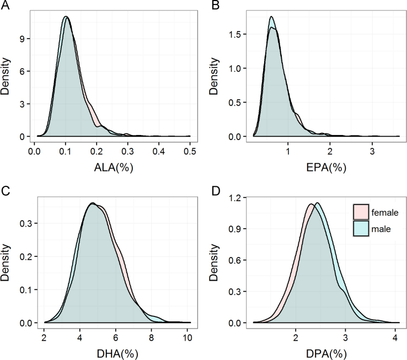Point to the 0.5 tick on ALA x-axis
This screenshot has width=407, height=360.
[x=190, y=150]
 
